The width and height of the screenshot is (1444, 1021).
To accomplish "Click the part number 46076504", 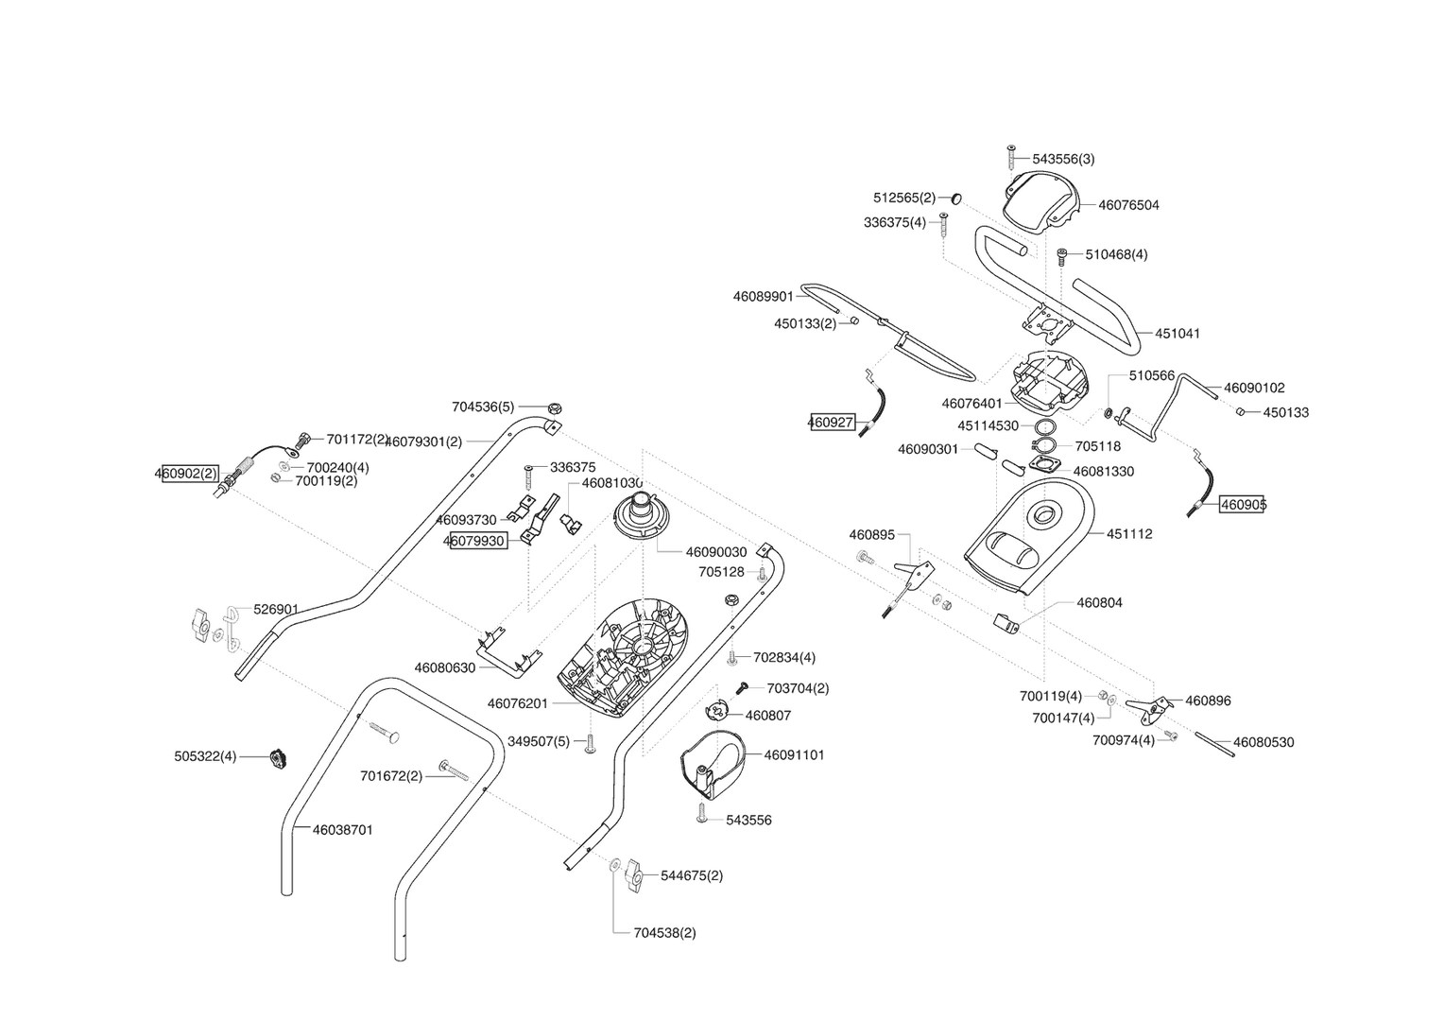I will point(1128,205).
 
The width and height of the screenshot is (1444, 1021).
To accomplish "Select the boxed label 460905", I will point(1242,505).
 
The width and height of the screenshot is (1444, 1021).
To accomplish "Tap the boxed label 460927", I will point(832,424).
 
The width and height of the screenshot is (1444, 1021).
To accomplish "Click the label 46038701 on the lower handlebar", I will point(343,830).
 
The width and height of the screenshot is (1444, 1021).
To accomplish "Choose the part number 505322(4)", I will point(205,756).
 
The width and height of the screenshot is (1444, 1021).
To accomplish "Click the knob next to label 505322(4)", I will point(279,758).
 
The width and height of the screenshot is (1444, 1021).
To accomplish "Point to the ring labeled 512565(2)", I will point(955,198).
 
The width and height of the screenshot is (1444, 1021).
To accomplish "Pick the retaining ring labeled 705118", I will point(1043,446).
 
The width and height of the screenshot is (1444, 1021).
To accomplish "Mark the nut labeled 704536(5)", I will point(555,407).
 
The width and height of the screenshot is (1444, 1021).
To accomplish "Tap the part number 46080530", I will point(1263,742).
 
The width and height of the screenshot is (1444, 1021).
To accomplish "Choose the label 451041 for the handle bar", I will point(1178,334).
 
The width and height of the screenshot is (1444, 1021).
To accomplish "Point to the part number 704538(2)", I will point(665,933).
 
